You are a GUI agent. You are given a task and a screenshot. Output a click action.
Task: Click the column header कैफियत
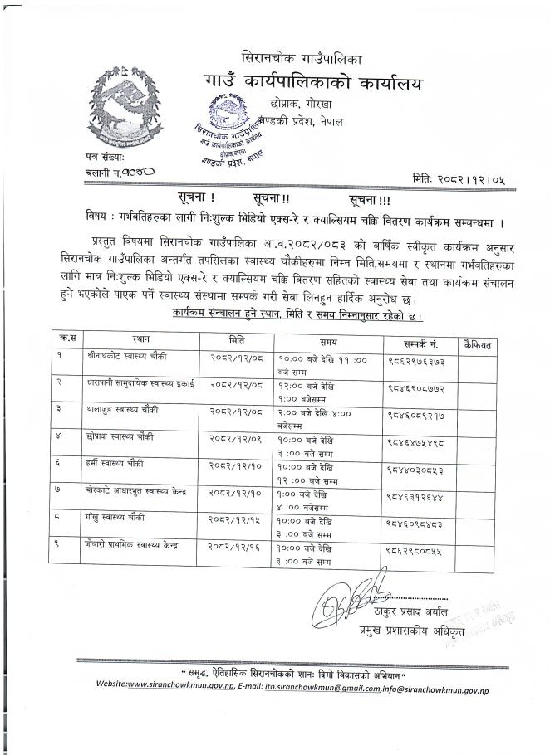(x=479, y=340)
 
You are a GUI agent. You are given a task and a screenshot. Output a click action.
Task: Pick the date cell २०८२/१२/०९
(x=238, y=436)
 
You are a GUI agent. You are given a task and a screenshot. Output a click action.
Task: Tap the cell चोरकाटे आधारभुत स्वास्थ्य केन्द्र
(x=135, y=491)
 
